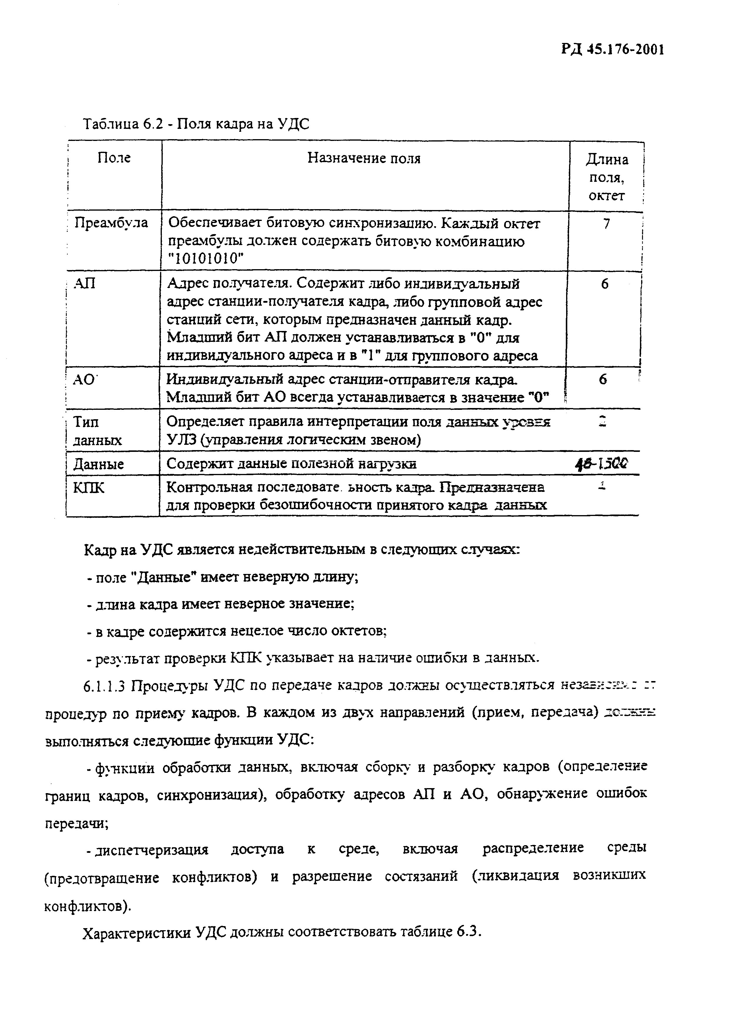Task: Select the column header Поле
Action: coord(114,158)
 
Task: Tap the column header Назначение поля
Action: coord(364,158)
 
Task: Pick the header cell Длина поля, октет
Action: coord(606,178)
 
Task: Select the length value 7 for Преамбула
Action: coord(606,223)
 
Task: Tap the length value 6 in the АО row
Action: coord(603,379)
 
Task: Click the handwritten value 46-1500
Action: coord(601,463)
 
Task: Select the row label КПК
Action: coord(89,487)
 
